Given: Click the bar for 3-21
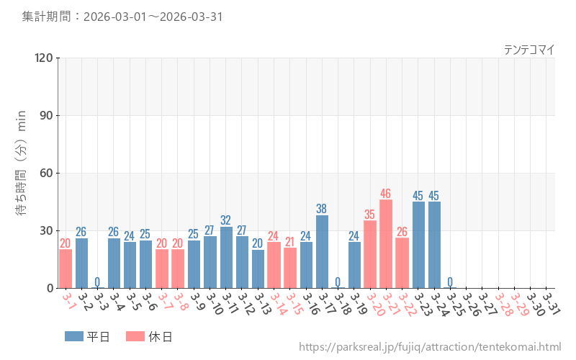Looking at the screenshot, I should [386, 244].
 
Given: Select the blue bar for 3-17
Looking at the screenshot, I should [322, 251].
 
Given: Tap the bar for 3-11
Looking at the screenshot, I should [226, 257].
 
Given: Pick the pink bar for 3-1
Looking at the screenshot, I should [66, 269].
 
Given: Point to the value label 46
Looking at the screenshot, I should [386, 194].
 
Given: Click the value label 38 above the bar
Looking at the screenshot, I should [322, 209].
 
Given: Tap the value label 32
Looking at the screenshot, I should [226, 220].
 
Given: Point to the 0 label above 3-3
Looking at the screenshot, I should [97, 282].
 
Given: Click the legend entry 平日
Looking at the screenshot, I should [87, 336].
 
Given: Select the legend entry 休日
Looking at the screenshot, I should [148, 336].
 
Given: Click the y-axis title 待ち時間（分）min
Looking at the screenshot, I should [22, 173].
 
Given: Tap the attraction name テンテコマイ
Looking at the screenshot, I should [528, 50].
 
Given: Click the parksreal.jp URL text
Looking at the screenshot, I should [429, 347].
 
